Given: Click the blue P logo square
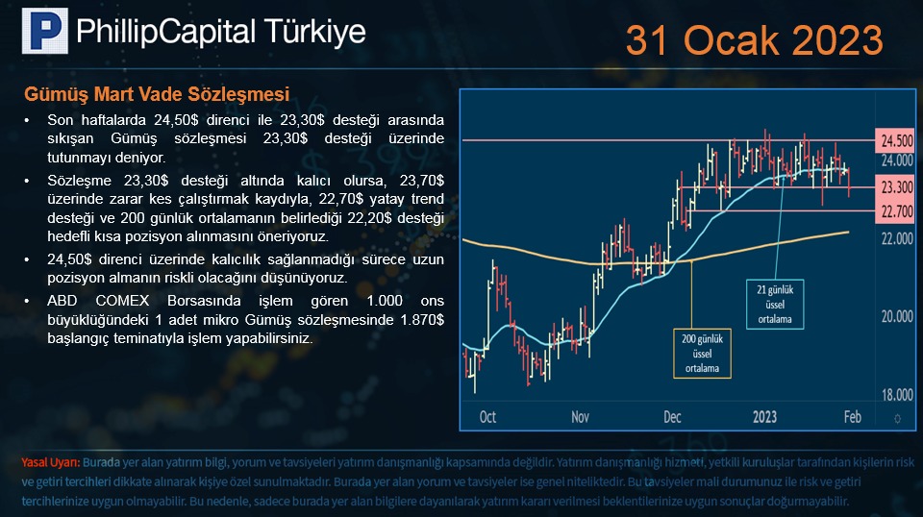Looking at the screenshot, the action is coord(45,31).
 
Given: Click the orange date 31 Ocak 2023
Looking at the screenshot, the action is coord(754,40).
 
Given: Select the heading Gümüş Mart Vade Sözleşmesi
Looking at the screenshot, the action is coord(157,94).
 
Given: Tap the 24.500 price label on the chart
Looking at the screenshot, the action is coord(896,140).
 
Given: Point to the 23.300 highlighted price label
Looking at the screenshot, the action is coord(896,187).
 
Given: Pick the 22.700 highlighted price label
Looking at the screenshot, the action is coord(896,211).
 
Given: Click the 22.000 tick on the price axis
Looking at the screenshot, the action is coord(896,238).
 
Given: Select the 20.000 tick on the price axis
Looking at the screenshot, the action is coord(896,316).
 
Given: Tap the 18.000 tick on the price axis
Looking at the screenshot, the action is coord(896,395).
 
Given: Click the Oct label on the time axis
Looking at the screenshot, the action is coord(487,417).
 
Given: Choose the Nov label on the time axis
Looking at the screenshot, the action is coord(580,417).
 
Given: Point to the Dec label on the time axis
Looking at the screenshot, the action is coord(672,417).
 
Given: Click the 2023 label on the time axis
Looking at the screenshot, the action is coord(764,417).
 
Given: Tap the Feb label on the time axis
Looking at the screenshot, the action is coord(853,417).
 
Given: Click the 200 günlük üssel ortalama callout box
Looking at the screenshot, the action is coord(702,354).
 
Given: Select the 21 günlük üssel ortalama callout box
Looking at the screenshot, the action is coord(775,304).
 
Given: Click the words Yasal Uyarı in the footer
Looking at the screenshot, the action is coord(51,462).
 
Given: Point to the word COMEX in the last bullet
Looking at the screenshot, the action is coord(122,301).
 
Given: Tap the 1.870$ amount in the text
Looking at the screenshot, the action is coord(422,320).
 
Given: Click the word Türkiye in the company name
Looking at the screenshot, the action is coord(315,32).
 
